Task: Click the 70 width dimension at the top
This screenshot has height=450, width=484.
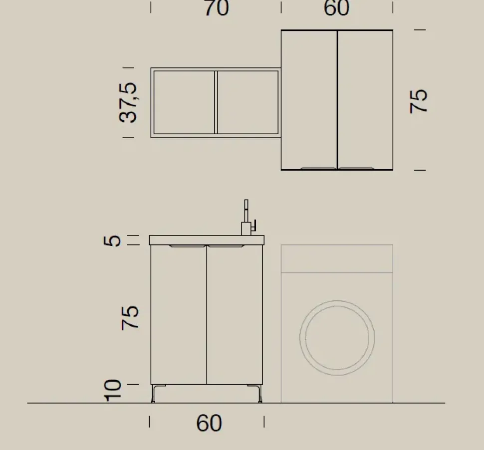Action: pos(216,8)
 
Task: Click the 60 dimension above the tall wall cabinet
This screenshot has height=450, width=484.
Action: pos(337,8)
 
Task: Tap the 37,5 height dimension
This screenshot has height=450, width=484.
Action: pos(128,102)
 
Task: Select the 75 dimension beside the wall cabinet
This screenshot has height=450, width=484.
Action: pos(419,101)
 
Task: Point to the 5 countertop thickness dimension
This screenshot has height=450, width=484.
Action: pos(114,240)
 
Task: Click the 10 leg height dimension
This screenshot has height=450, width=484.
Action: pos(114,390)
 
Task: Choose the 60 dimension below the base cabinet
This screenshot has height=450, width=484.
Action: pos(209,423)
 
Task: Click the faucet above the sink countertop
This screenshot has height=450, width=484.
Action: pos(247,220)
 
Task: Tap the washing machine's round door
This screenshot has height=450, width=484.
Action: pos(337,337)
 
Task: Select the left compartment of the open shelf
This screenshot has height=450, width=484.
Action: pos(184,102)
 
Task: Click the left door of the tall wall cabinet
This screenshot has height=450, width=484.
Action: pos(309,100)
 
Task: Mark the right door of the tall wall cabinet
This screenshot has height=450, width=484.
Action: pos(365,100)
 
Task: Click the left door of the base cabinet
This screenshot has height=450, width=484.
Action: pos(179,314)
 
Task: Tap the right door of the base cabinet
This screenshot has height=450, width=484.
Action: pos(235,314)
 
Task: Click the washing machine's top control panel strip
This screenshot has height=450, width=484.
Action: pos(337,258)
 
